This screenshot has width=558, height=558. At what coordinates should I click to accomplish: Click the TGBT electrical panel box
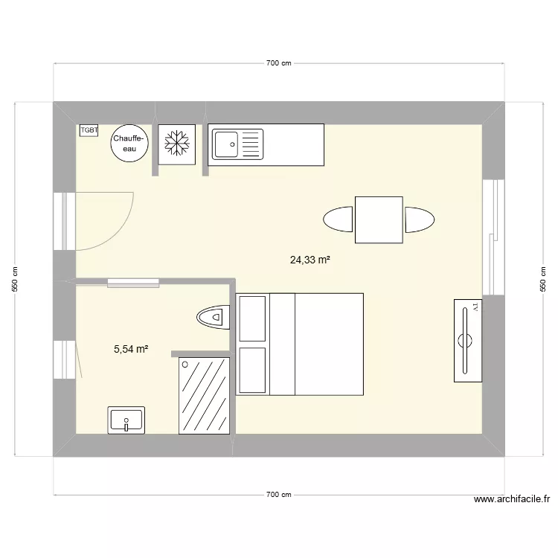[x=89, y=130]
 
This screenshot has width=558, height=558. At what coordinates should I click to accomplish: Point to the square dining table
[x=379, y=219]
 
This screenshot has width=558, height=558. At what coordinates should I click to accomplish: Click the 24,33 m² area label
[x=310, y=260]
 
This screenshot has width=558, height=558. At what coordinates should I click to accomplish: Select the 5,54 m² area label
[x=131, y=348]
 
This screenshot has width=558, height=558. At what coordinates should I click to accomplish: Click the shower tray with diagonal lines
[x=204, y=395]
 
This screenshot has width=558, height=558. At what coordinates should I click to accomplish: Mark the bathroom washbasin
[x=127, y=420]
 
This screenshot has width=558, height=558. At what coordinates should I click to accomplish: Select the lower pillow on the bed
[x=251, y=369]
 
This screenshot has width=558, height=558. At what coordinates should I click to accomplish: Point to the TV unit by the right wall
[x=467, y=341]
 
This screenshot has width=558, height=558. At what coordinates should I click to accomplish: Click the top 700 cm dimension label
[x=278, y=64]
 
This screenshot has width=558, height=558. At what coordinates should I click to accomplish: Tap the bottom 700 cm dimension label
[x=278, y=495]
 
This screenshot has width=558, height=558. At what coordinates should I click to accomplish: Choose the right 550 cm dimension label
[x=542, y=279]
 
